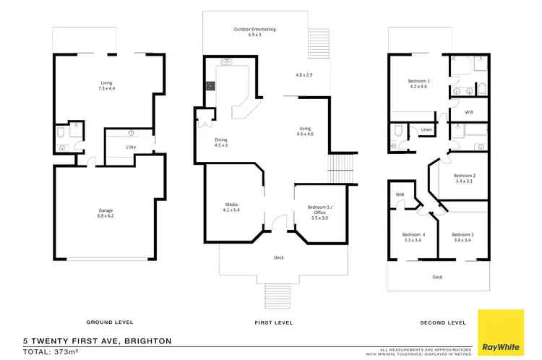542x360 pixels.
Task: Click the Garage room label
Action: tap(106, 213)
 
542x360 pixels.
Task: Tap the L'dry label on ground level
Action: tap(131, 147)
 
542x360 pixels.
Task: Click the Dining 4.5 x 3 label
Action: tap(221, 142)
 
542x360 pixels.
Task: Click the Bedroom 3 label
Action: tap(463, 236)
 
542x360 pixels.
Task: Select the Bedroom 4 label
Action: tap(414, 236)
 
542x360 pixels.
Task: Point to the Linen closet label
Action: tap(426, 130)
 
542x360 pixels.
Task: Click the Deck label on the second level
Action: tap(437, 276)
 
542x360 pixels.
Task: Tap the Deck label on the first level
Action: tap(278, 257)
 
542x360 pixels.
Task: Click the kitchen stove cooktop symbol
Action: tap(210, 86)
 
